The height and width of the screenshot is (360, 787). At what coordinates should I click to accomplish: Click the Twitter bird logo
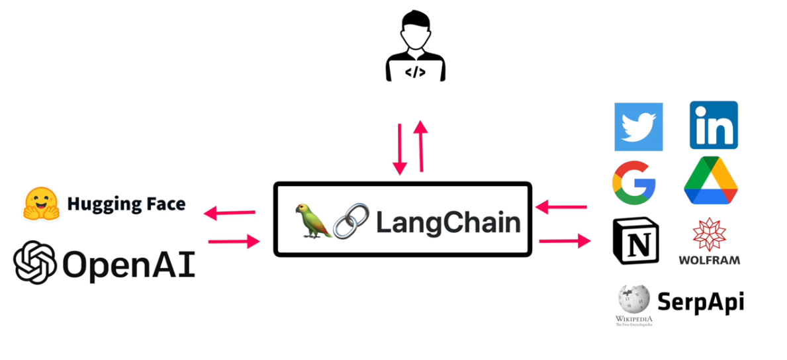[638, 126]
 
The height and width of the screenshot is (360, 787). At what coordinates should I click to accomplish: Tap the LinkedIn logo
[714, 125]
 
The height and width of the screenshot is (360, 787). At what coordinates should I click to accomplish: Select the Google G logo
[633, 181]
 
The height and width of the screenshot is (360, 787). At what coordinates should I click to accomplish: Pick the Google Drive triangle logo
[710, 181]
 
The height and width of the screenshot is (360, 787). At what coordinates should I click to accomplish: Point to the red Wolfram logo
[709, 235]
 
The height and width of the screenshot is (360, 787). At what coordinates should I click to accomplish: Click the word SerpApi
[700, 302]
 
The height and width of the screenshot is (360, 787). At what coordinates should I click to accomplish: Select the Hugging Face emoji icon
[42, 203]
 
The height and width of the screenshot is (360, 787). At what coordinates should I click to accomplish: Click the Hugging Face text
[126, 204]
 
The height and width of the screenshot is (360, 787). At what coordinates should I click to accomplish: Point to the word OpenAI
[128, 264]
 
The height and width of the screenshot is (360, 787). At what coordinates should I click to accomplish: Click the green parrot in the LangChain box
[313, 220]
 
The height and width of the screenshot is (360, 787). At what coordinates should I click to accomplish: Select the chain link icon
[350, 222]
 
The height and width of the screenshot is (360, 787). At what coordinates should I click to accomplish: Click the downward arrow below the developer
[399, 149]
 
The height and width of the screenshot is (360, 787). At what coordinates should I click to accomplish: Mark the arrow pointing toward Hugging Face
[229, 213]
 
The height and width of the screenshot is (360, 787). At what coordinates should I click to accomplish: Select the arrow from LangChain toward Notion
[564, 241]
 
